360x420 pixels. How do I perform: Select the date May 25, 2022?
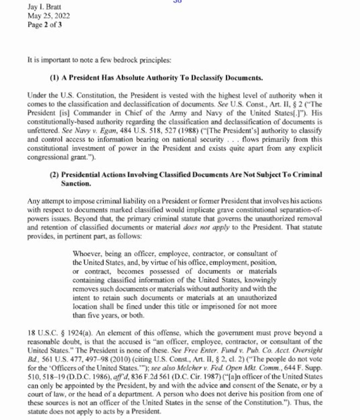(x=48, y=16)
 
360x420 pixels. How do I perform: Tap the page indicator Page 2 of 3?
(x=44, y=25)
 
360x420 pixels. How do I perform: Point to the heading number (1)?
(x=55, y=78)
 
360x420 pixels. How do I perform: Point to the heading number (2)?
(x=55, y=175)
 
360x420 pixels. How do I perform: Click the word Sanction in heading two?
(x=76, y=183)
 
